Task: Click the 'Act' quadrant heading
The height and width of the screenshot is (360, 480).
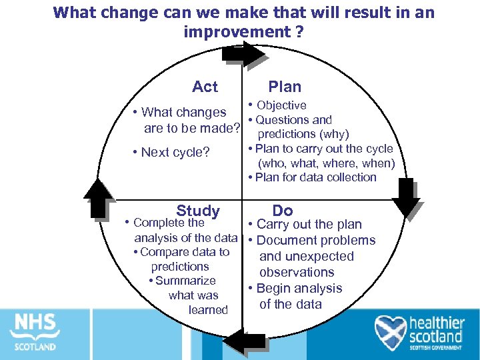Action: (205, 87)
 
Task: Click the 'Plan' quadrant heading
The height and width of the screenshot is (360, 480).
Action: (285, 87)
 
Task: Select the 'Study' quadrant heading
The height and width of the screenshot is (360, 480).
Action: (198, 211)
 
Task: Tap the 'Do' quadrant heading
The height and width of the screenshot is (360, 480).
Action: (283, 211)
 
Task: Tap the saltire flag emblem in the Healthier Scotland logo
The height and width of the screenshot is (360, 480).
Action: (391, 331)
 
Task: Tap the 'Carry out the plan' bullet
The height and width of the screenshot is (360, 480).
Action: (309, 225)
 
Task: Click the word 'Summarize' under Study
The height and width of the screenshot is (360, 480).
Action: (185, 281)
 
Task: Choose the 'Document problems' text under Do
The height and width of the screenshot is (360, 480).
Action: (315, 241)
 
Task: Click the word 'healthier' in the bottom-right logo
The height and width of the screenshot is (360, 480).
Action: (437, 323)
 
